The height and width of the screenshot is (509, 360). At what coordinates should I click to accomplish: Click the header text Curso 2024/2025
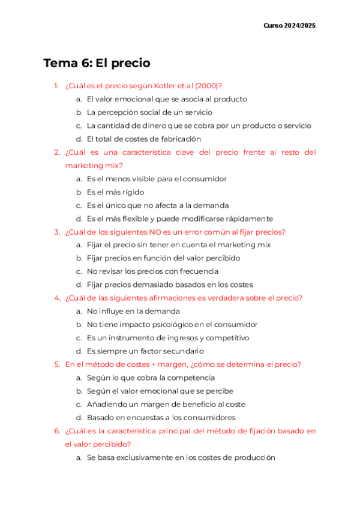click(x=289, y=26)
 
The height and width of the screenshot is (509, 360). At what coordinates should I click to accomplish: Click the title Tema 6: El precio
click(x=97, y=63)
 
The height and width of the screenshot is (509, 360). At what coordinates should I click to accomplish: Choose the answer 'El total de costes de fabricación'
click(x=143, y=139)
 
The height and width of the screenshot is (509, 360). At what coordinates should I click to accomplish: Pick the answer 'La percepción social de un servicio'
click(x=149, y=112)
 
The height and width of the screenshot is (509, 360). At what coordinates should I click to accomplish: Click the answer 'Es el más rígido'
click(x=116, y=192)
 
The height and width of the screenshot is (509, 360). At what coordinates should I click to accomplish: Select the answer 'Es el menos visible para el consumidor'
click(x=157, y=179)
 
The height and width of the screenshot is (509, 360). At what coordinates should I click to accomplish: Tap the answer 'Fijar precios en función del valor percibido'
click(x=163, y=258)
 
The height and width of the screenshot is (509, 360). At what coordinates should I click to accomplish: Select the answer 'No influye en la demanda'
click(x=133, y=312)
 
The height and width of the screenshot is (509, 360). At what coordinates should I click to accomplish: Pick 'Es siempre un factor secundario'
click(x=145, y=351)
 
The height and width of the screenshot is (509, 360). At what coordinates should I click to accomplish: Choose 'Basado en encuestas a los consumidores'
click(x=161, y=417)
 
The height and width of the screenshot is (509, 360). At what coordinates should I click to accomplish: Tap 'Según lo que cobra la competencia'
click(x=151, y=378)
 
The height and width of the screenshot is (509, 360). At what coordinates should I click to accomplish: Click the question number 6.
click(x=56, y=431)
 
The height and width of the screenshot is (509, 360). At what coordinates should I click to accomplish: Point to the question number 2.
click(x=56, y=152)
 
